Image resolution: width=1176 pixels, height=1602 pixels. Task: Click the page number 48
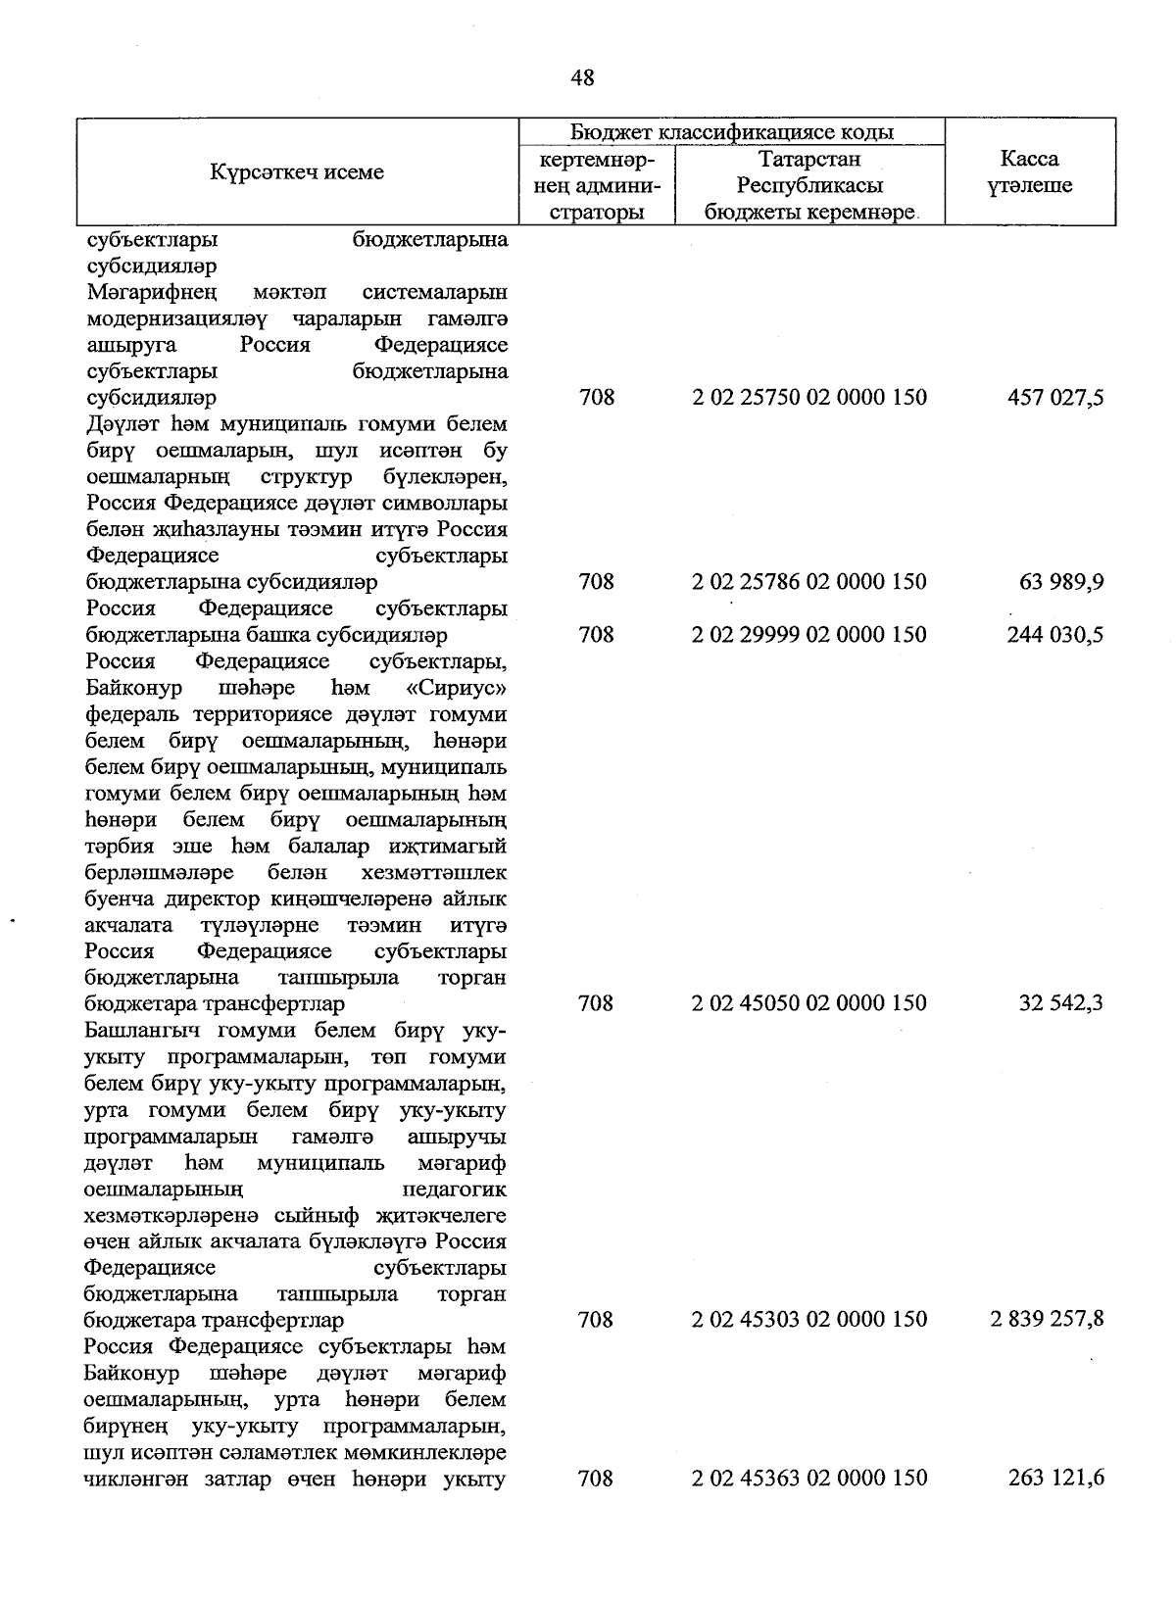pyautogui.click(x=582, y=78)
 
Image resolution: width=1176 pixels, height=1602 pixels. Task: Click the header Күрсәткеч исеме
pyautogui.click(x=296, y=172)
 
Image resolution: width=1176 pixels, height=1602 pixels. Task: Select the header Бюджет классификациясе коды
pyautogui.click(x=731, y=132)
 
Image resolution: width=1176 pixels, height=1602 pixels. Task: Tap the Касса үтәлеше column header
pyautogui.click(x=1029, y=172)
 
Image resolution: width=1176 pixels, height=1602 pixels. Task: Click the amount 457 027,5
pyautogui.click(x=1055, y=398)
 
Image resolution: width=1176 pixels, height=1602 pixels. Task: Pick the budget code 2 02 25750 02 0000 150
pyautogui.click(x=808, y=398)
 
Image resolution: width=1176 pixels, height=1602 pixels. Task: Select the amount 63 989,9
pyautogui.click(x=1061, y=582)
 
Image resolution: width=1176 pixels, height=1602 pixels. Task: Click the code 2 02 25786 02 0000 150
pyautogui.click(x=808, y=582)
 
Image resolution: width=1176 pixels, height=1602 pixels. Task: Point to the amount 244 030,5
pyautogui.click(x=1055, y=635)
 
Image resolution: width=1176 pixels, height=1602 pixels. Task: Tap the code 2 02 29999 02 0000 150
pyautogui.click(x=808, y=635)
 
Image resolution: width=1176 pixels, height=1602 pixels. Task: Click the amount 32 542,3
pyautogui.click(x=1061, y=1003)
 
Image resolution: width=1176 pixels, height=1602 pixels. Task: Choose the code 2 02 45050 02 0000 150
pyautogui.click(x=808, y=1003)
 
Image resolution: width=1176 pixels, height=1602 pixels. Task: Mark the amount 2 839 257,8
pyautogui.click(x=1048, y=1320)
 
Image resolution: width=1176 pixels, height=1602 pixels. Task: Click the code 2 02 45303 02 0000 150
pyautogui.click(x=808, y=1320)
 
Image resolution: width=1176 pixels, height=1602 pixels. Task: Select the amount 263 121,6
pyautogui.click(x=1055, y=1478)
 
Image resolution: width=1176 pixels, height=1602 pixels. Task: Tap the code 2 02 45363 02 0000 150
pyautogui.click(x=808, y=1478)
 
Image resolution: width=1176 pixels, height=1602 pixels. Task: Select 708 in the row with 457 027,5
pyautogui.click(x=596, y=398)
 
